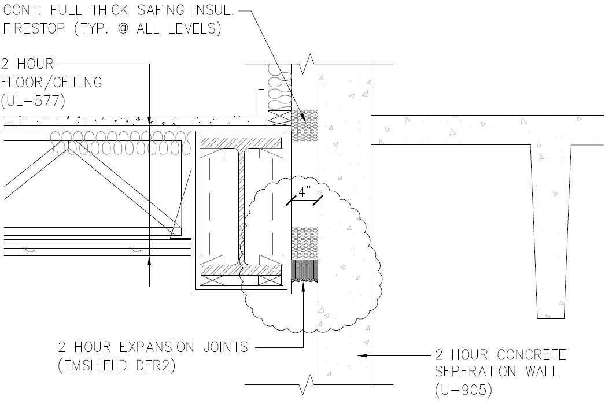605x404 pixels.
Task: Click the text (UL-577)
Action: (34, 101)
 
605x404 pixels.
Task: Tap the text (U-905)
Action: (463, 390)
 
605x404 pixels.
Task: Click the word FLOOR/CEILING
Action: (52, 83)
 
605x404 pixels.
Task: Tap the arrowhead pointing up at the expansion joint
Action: (302, 290)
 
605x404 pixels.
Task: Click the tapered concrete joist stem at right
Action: (551, 231)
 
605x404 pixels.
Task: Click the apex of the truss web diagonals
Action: (69, 146)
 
